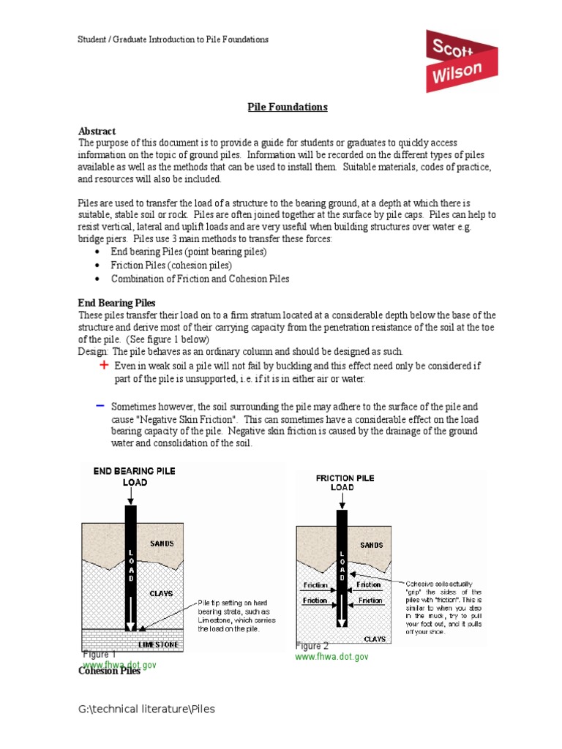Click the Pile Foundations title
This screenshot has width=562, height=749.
pyautogui.click(x=287, y=108)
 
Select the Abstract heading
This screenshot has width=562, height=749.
pyautogui.click(x=97, y=132)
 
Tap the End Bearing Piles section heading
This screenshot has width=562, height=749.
pyautogui.click(x=116, y=303)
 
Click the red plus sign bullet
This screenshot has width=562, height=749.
pyautogui.click(x=104, y=365)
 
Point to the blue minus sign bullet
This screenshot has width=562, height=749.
pyautogui.click(x=100, y=405)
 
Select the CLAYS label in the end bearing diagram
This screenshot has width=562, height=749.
pyautogui.click(x=162, y=593)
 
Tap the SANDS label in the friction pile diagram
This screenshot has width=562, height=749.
pyautogui.click(x=371, y=545)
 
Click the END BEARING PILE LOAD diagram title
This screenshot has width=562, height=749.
pyautogui.click(x=135, y=477)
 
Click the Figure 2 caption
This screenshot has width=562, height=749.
pyautogui.click(x=312, y=646)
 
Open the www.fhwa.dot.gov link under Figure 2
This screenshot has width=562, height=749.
pyautogui.click(x=331, y=657)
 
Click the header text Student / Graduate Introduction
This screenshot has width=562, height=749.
pyautogui.click(x=173, y=39)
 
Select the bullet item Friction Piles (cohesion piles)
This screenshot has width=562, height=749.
pyautogui.click(x=171, y=266)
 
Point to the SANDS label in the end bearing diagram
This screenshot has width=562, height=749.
pyautogui.click(x=162, y=543)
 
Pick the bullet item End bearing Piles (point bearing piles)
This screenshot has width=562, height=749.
pyautogui.click(x=189, y=252)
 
